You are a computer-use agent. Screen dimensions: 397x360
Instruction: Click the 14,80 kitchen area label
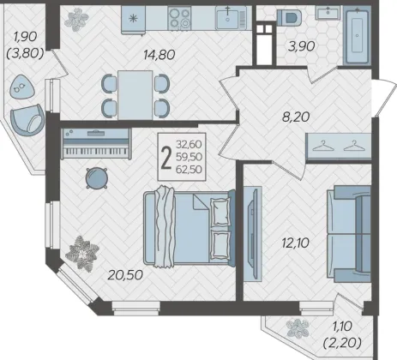159,54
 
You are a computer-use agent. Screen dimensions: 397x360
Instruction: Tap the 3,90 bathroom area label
302,46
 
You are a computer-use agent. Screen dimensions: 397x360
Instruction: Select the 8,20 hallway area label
296,117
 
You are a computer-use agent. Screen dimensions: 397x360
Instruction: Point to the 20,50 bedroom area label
125,275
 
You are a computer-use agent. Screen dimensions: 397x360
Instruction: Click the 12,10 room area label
295,243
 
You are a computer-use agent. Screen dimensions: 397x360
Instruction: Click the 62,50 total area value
189,170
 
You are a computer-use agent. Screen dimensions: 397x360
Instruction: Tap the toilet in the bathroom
289,18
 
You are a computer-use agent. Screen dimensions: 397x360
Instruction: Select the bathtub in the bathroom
358,37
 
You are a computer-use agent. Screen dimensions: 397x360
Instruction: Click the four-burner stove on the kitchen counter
179,18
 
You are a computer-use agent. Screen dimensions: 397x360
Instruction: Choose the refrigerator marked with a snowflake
133,19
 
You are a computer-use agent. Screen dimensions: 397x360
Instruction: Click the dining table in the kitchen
135,95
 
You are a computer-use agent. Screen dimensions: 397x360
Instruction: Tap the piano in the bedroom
97,143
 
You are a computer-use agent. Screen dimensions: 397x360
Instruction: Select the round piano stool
97,178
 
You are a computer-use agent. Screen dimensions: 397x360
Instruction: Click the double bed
189,228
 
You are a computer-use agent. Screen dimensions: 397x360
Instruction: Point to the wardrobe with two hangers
339,147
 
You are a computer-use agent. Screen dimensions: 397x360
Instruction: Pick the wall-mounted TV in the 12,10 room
253,234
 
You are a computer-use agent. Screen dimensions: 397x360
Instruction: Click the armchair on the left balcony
27,120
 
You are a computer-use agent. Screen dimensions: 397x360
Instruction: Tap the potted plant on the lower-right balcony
298,328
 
